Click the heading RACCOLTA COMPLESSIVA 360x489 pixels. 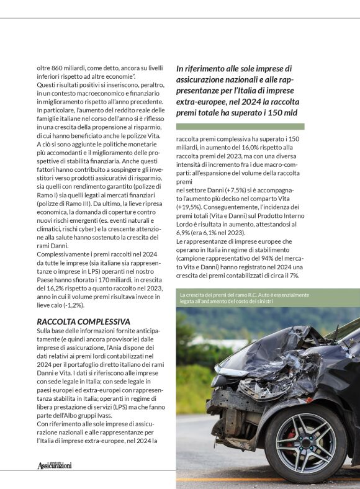[x=83, y=321]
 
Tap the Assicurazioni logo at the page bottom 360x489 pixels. [x=55, y=465]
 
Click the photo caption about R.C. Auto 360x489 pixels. [x=243, y=298]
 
